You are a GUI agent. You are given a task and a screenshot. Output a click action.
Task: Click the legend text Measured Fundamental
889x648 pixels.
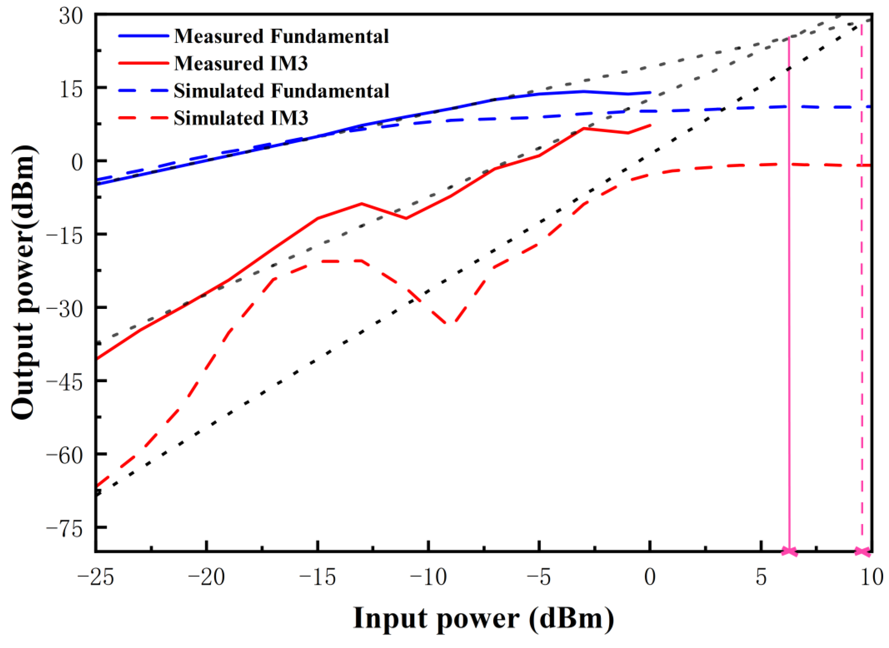click(281, 36)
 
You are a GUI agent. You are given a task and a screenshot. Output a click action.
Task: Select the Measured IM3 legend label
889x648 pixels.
click(241, 64)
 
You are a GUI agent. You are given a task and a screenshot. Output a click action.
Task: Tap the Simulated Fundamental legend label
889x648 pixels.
click(281, 91)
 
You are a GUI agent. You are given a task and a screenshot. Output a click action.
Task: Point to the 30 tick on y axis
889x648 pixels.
click(71, 16)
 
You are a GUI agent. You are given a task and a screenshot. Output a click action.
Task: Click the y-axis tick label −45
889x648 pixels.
click(65, 380)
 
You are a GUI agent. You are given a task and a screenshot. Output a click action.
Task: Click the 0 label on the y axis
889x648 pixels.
click(77, 162)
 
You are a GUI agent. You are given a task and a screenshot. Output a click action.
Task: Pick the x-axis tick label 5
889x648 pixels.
click(761, 578)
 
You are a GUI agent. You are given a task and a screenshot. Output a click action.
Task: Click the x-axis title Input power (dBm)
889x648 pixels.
click(483, 619)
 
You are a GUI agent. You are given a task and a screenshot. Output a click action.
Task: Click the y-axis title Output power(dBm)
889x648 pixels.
click(24, 283)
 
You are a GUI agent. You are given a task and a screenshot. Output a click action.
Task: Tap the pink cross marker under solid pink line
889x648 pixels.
click(789, 551)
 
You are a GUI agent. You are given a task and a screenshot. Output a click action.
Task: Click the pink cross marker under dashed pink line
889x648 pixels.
click(862, 551)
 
